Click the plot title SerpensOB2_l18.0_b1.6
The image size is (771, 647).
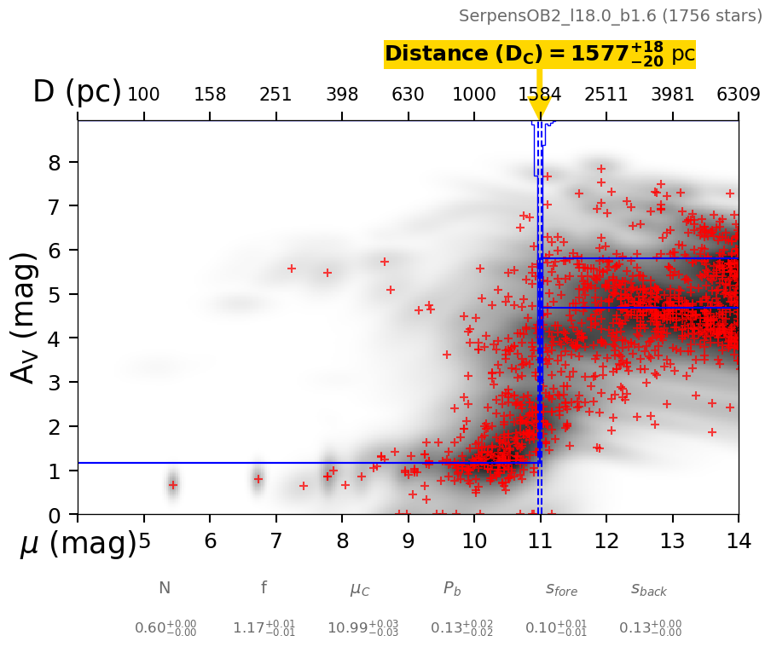coord(610,16)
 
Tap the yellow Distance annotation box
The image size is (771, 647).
coord(539,55)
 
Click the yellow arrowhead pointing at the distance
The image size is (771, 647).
coord(539,107)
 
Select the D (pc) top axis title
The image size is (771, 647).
coord(77,92)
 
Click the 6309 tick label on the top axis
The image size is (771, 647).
coord(738,95)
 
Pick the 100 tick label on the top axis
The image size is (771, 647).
coord(143,95)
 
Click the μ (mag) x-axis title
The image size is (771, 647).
coord(78,543)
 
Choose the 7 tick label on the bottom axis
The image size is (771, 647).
coord(275,541)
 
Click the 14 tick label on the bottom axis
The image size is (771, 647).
coord(738,541)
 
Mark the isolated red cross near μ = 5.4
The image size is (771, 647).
coord(172,485)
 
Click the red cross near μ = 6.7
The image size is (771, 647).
coord(258,479)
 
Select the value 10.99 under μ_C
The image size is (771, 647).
coord(362,628)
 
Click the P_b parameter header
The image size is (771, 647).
coord(452,588)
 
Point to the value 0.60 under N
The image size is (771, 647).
coord(165,628)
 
